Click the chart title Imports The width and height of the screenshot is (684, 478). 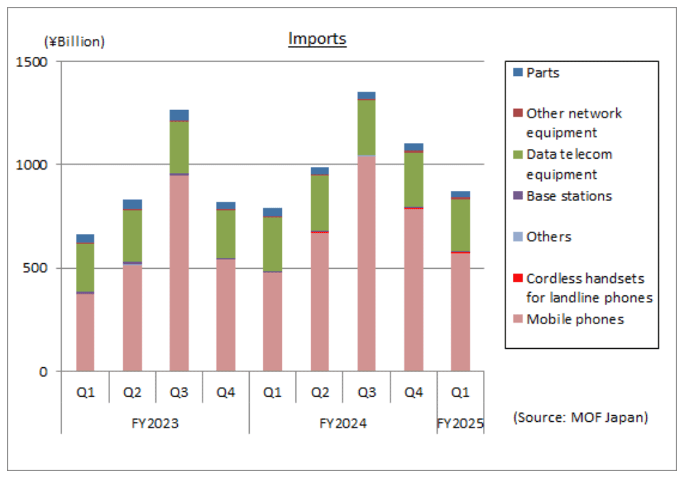(317, 38)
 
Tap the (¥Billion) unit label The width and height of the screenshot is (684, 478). (75, 42)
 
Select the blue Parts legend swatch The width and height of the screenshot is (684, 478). (518, 72)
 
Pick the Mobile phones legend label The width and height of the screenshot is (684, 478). (575, 319)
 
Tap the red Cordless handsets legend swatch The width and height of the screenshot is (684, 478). (518, 278)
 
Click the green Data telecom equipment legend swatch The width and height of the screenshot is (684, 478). (518, 155)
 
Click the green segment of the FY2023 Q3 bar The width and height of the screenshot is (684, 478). (179, 147)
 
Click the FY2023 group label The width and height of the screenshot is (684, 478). (155, 423)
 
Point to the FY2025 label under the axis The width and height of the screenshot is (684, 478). (460, 423)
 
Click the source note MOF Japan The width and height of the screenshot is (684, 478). (579, 416)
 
